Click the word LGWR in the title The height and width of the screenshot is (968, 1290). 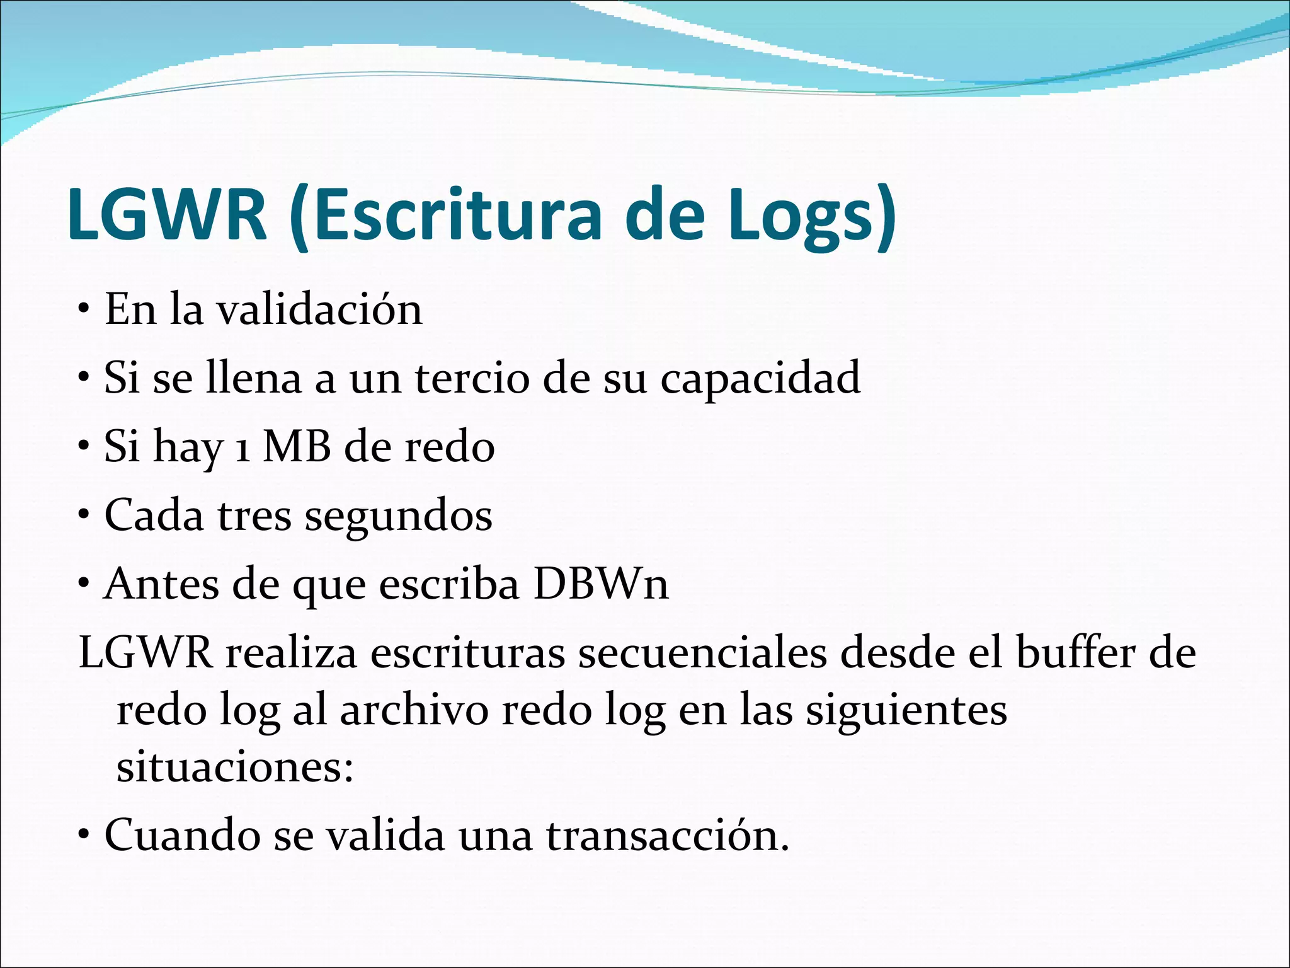pyautogui.click(x=167, y=214)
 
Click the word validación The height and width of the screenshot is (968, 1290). pyautogui.click(x=319, y=309)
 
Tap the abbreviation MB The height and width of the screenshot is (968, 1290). pyautogui.click(x=297, y=447)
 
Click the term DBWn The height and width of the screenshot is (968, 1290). pyautogui.click(x=600, y=584)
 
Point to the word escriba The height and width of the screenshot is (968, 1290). pyautogui.click(x=450, y=584)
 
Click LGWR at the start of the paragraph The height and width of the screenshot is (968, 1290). pyautogui.click(x=146, y=653)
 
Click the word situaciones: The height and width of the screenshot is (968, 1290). pyautogui.click(x=235, y=768)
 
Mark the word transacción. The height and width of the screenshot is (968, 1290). pyautogui.click(x=667, y=836)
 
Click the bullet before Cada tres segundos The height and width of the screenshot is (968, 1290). pyautogui.click(x=84, y=516)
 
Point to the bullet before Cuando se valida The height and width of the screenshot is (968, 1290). pyautogui.click(x=84, y=836)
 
